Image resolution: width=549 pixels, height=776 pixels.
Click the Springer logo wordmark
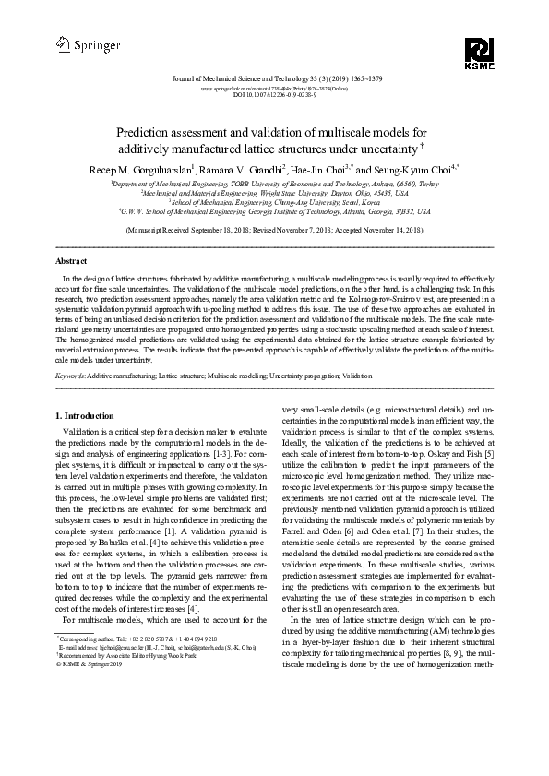tap(82, 42)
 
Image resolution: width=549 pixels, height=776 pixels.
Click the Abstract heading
tap(71, 262)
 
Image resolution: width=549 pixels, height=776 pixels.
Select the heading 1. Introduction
tap(86, 415)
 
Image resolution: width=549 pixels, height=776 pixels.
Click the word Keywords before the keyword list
tap(71, 376)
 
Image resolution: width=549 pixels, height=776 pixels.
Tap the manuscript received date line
tap(274, 228)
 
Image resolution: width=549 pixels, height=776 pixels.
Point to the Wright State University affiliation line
tap(274, 193)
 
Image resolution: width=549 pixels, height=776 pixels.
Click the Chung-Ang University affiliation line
tap(274, 202)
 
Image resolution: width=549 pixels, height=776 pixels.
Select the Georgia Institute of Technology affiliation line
tap(274, 211)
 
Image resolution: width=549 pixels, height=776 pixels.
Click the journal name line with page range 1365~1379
tap(274, 81)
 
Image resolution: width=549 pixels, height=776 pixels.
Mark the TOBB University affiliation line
tap(274, 185)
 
